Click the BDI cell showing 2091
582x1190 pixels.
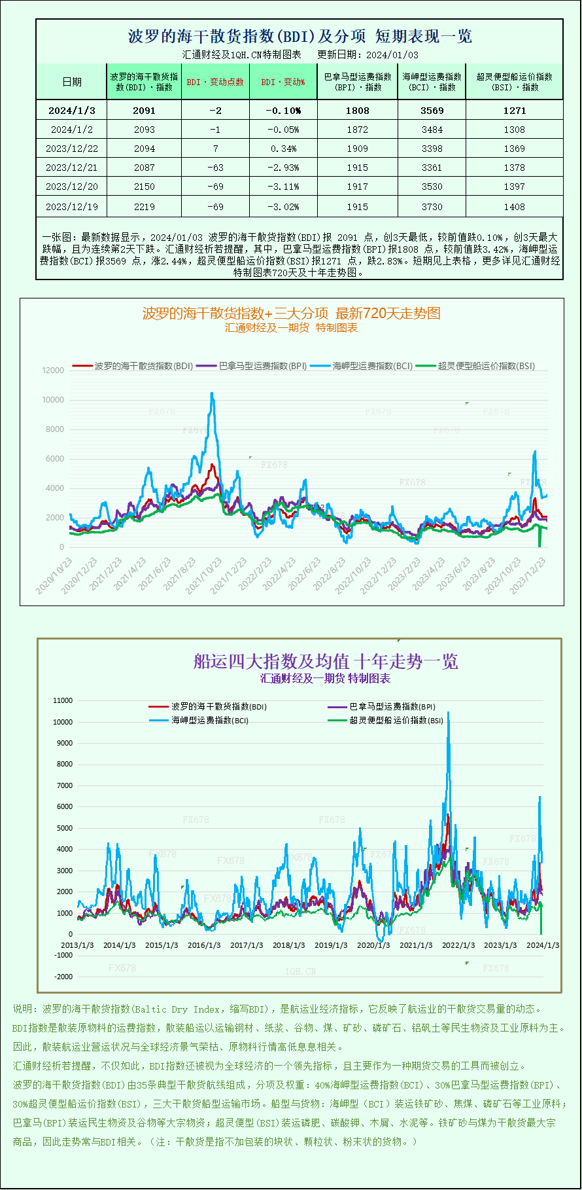[x=145, y=111]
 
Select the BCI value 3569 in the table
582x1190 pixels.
[x=432, y=111]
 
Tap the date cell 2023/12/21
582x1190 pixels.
[x=71, y=168]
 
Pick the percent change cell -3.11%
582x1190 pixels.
[x=283, y=187]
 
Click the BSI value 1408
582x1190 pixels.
[x=514, y=206]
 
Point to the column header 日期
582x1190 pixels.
[x=72, y=82]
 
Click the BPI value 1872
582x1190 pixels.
[x=357, y=130]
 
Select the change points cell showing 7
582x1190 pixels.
[x=215, y=149]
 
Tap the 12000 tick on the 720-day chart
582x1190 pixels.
[x=54, y=370]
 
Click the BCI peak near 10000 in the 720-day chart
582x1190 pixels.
[x=212, y=394]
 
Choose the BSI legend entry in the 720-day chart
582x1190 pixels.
[x=477, y=366]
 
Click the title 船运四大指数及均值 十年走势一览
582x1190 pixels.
[x=325, y=661]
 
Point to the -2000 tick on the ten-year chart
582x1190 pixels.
[x=63, y=977]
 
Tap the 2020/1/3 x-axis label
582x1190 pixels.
[x=373, y=945]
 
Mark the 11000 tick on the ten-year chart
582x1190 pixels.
[x=63, y=700]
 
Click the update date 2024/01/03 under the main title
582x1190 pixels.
[x=392, y=55]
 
